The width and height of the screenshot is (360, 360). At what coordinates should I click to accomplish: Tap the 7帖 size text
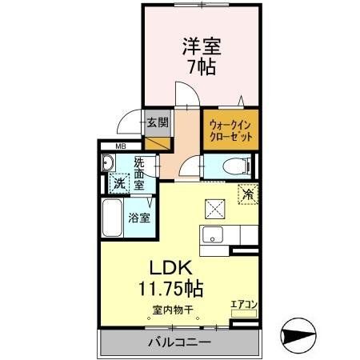[202, 67]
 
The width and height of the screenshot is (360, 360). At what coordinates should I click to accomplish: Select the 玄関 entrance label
[158, 122]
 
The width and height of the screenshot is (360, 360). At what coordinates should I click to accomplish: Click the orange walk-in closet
[230, 130]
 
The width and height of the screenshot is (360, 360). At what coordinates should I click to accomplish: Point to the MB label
[121, 146]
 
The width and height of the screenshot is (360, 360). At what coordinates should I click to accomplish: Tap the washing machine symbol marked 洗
[118, 182]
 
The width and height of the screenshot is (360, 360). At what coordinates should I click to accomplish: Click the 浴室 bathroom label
[143, 217]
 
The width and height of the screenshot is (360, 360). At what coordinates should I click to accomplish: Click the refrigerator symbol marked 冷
[248, 194]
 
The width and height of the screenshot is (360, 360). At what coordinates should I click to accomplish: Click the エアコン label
[243, 305]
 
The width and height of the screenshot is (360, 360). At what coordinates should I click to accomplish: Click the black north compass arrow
[302, 336]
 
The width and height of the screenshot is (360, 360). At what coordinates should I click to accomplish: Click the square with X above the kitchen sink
[214, 207]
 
